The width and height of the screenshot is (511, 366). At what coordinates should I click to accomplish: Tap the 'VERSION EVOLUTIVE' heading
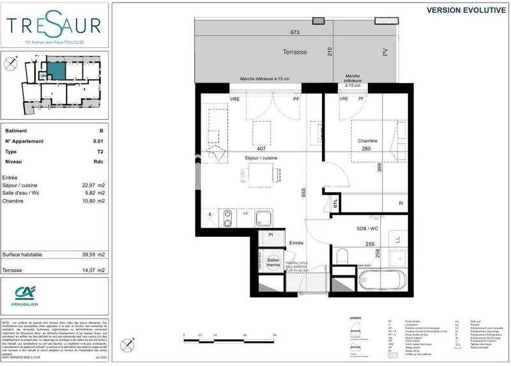(466, 10)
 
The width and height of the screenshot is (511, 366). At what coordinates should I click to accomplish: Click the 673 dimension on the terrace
(294, 32)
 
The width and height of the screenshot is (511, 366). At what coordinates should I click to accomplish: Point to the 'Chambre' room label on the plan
(367, 141)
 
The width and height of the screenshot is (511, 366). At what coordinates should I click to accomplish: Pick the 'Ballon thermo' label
(273, 263)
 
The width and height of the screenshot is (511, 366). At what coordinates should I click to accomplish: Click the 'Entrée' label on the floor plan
(296, 243)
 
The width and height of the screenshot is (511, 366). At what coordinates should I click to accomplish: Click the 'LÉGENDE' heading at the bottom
(355, 318)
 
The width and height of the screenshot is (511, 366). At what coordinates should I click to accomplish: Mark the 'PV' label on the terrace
(385, 52)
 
